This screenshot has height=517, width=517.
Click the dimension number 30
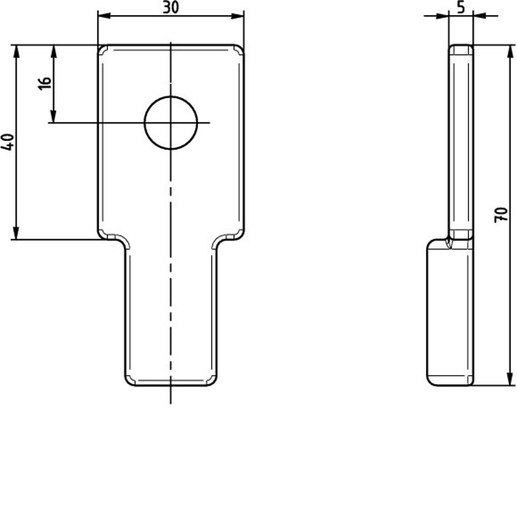click(171, 8)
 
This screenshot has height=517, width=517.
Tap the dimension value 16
click(44, 83)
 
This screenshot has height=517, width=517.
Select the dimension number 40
click(7, 142)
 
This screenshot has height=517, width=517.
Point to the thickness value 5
click(461, 7)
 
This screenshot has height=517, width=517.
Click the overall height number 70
click(500, 215)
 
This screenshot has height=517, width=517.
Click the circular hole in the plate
click(171, 123)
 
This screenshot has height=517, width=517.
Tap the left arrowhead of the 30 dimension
click(104, 16)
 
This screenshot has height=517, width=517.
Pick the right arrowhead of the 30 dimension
click(237, 16)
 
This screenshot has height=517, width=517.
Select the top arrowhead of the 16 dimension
click(54, 51)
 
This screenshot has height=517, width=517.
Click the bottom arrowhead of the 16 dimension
click(53, 116)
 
